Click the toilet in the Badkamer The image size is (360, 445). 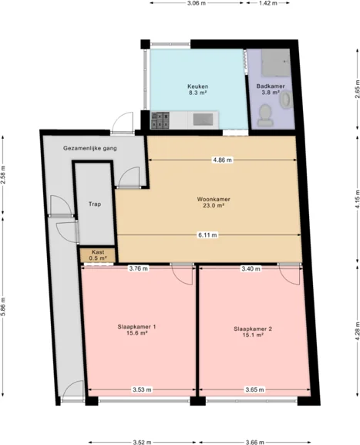point(265,115)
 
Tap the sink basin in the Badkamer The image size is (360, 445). point(286,99)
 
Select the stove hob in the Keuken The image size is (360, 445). point(160,120)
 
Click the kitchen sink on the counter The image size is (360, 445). point(203,120)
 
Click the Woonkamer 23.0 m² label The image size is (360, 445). point(214,202)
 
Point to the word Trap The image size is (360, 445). point(95,204)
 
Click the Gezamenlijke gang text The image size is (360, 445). point(90,148)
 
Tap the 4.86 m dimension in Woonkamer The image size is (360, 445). point(223,160)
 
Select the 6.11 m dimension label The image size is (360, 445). point(207,235)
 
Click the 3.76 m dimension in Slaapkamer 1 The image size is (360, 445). point(139,268)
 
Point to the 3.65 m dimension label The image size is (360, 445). point(254,389)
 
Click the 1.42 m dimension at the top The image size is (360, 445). point(267,3)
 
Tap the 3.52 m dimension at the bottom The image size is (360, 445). point(142,442)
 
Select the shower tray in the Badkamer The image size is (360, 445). point(276,62)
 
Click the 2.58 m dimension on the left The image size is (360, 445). point(3,174)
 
